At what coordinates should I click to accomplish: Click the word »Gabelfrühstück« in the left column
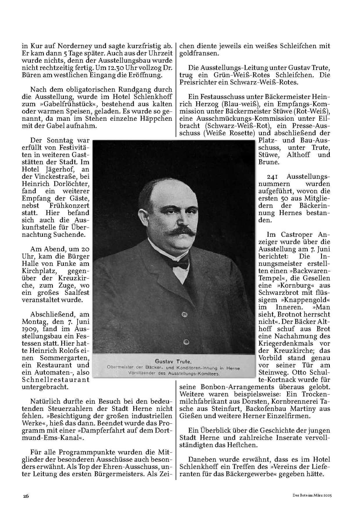(61, 104)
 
